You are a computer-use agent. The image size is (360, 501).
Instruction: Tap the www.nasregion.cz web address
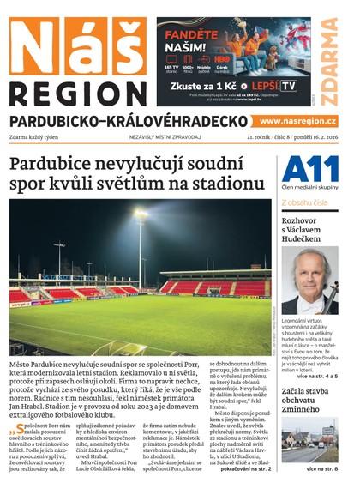(297, 121)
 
